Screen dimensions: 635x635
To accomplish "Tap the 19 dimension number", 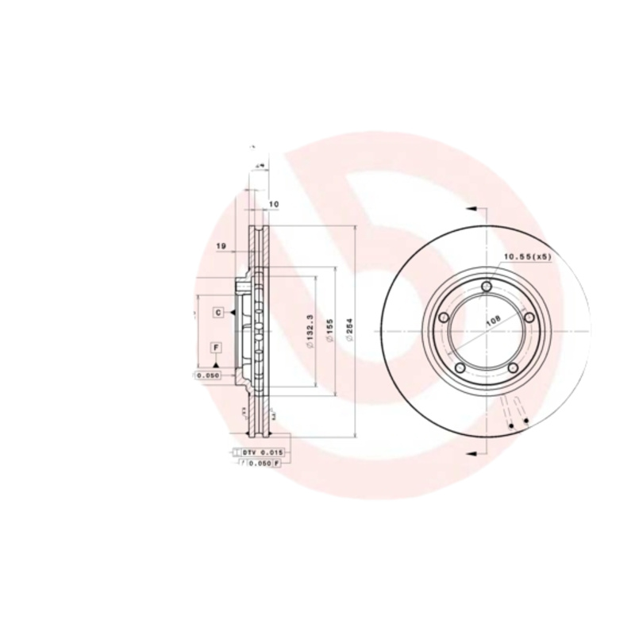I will [222, 247].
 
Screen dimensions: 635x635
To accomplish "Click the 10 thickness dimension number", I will [274, 204].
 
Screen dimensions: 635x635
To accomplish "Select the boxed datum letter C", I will [217, 314].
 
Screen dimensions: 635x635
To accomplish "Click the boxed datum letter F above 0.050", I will [215, 348].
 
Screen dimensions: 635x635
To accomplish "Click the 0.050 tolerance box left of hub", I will [207, 375].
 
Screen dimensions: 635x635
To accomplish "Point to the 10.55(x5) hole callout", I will [527, 257].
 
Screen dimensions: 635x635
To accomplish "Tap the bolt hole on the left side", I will [444, 318].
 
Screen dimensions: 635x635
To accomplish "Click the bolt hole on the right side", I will [527, 318].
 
